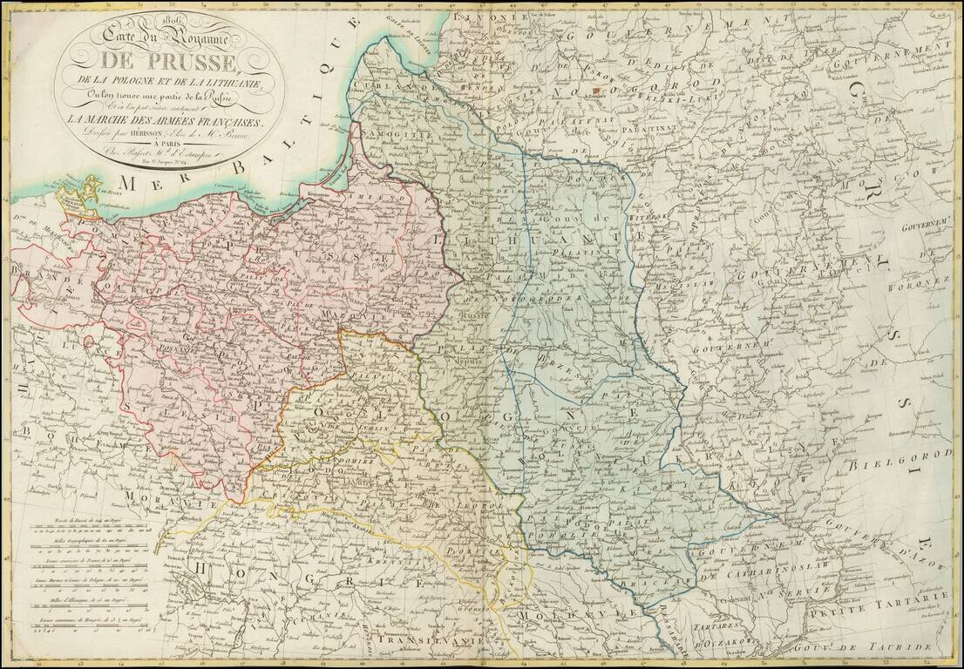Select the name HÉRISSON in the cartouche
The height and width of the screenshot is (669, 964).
pos(139,135)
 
